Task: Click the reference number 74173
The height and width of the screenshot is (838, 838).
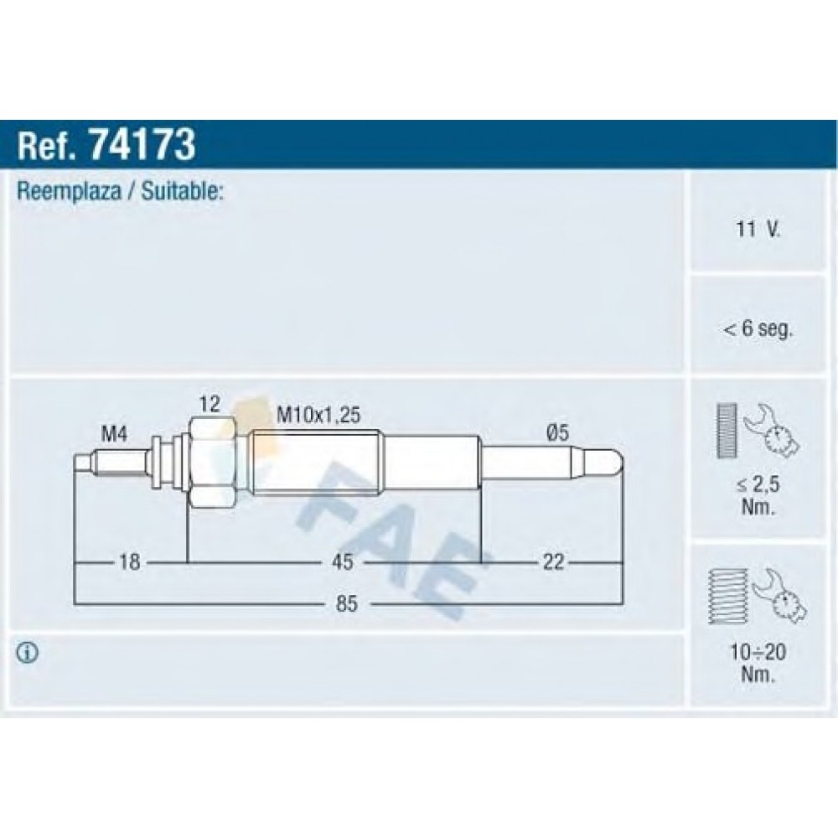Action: [x=142, y=144]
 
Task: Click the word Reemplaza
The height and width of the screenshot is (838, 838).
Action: [x=70, y=192]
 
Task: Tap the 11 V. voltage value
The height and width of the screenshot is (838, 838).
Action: [x=758, y=230]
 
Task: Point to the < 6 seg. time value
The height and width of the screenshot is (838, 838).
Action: [x=758, y=328]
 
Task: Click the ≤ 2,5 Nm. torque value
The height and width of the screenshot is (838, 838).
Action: [x=758, y=495]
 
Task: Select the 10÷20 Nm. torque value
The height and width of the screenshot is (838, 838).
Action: [x=758, y=663]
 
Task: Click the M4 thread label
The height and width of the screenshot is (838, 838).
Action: [x=114, y=434]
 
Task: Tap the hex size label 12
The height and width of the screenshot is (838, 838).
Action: [x=209, y=404]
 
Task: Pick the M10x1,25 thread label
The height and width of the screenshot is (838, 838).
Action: [x=318, y=415]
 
